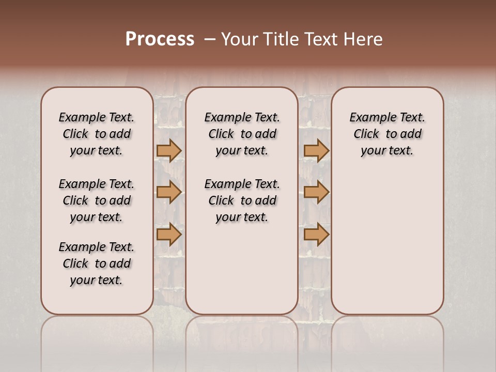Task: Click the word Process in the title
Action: tap(160, 39)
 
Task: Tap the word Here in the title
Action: tap(364, 39)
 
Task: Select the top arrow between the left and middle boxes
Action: tap(169, 150)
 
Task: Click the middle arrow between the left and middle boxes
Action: tap(169, 193)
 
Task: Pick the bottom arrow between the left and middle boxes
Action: tap(169, 235)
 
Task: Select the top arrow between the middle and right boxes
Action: tap(317, 150)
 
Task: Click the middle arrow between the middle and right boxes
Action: tap(317, 193)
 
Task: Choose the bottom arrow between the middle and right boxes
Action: tap(317, 235)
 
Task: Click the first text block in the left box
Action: tap(97, 134)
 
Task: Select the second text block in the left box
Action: tap(97, 200)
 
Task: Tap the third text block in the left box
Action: tap(97, 263)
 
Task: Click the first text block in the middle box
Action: tap(242, 134)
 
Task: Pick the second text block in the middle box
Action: tap(242, 200)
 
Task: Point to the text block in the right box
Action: tap(388, 134)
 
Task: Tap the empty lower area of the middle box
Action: tap(242, 269)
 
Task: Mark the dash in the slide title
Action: tap(210, 39)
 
